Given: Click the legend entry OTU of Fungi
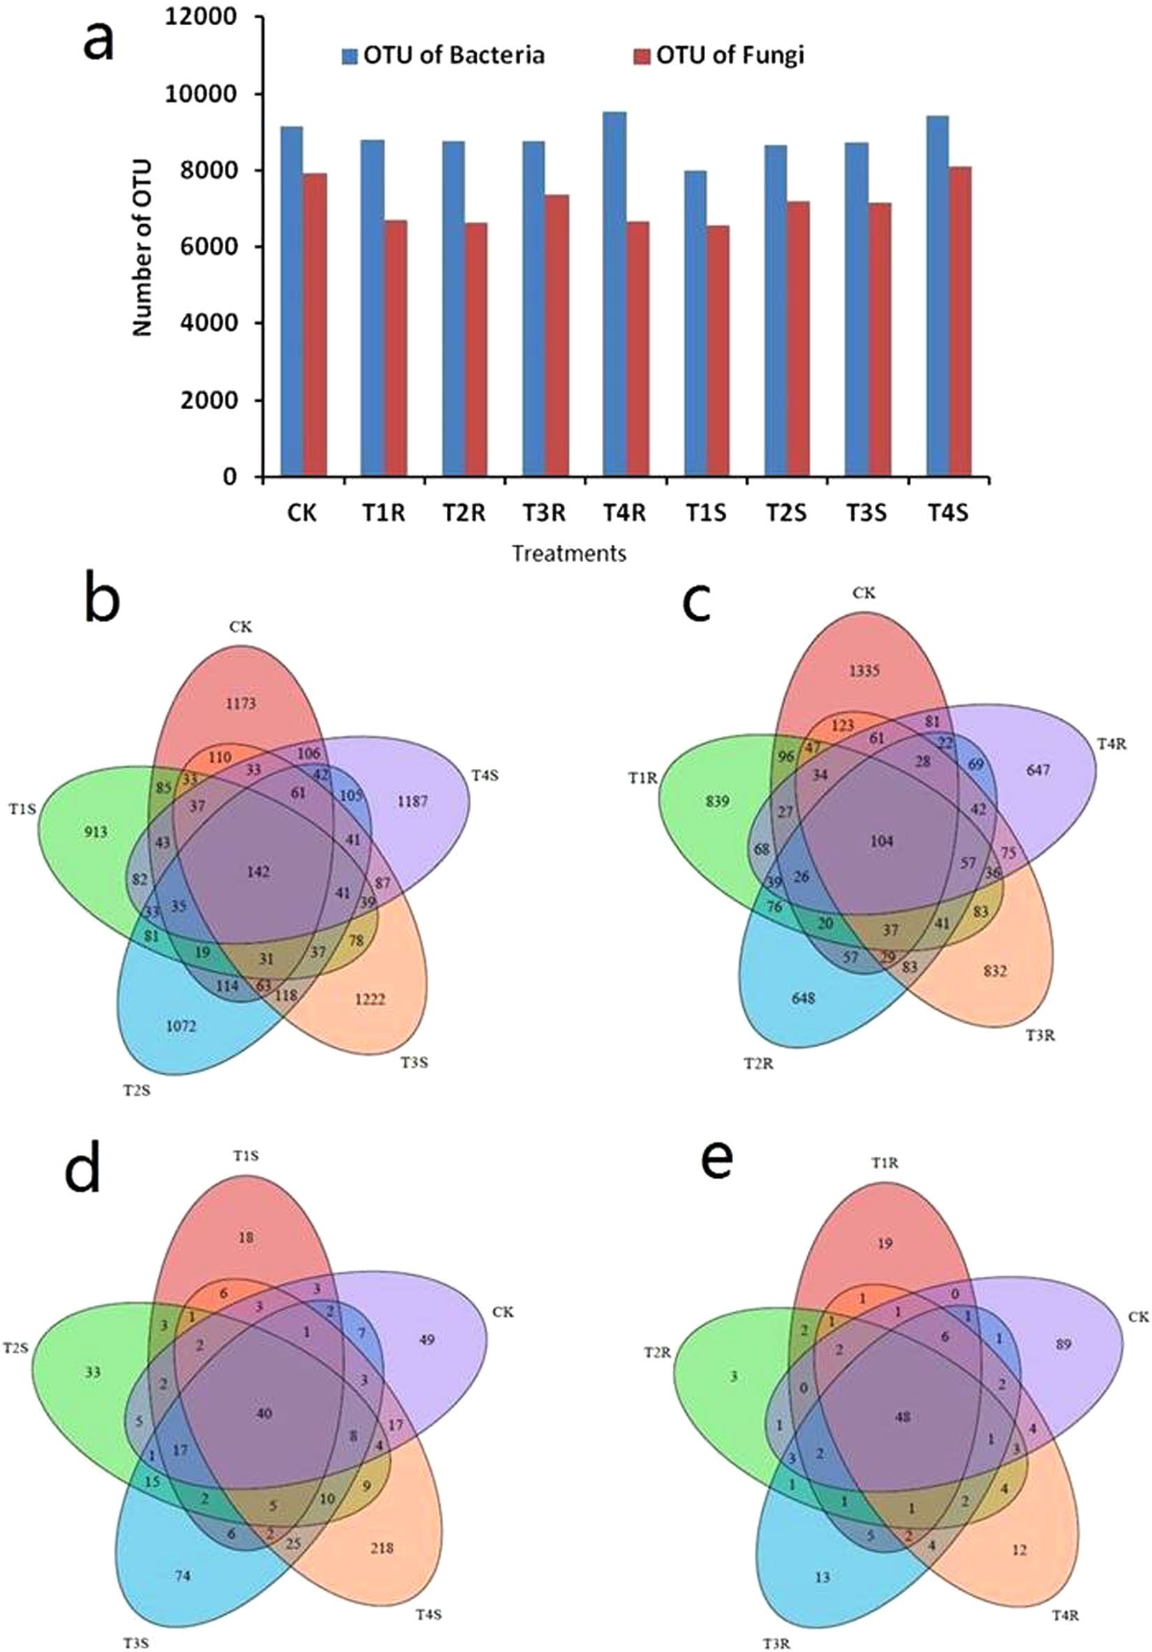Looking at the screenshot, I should click(x=729, y=55).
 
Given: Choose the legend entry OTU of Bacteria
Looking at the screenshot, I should click(x=452, y=55).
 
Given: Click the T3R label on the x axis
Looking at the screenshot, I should click(x=544, y=513).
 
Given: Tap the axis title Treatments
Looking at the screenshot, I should click(x=568, y=553).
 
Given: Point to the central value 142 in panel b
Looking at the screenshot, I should click(x=258, y=872).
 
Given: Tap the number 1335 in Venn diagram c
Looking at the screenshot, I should click(x=864, y=670).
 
